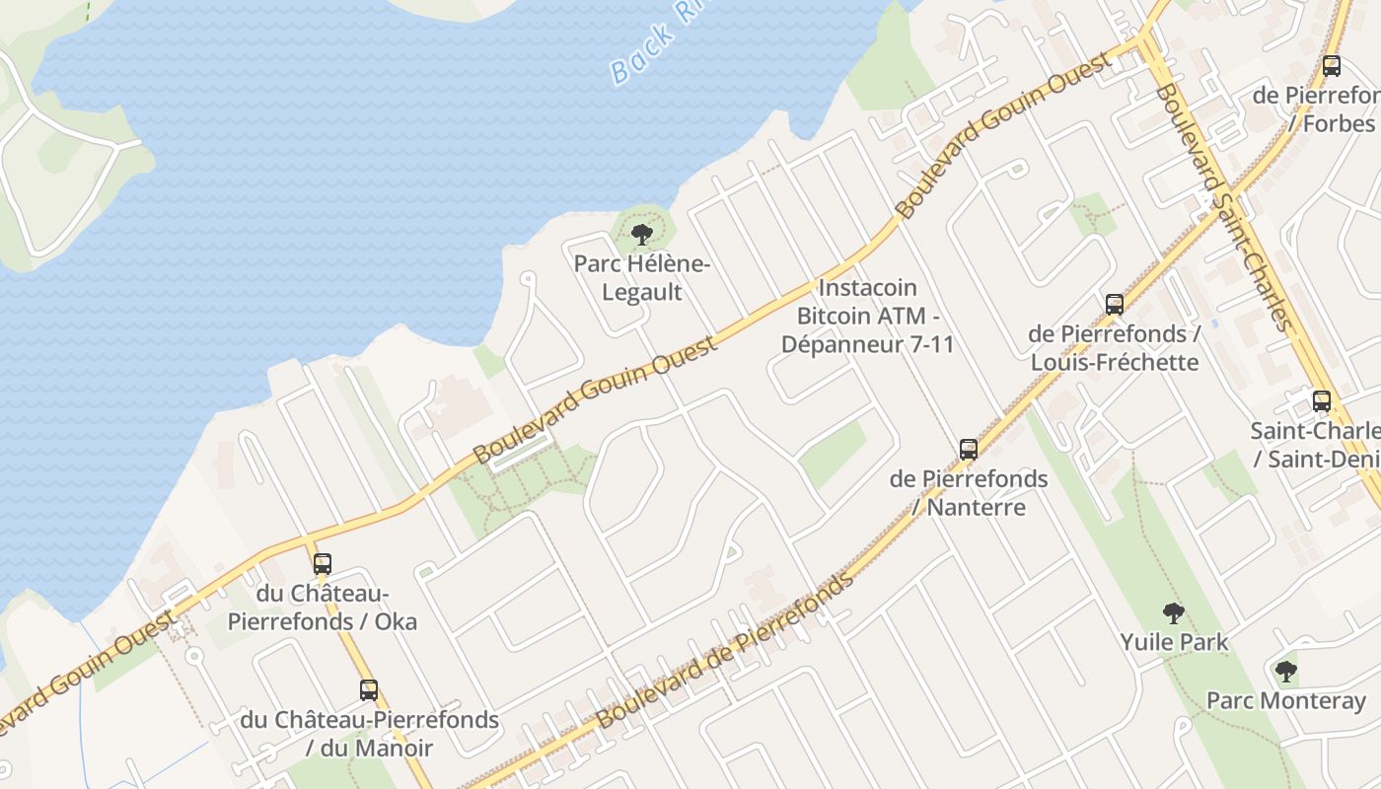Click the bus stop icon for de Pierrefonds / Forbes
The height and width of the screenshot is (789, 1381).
(x=1332, y=66)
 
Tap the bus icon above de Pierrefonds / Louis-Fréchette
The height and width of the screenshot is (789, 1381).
(x=1115, y=305)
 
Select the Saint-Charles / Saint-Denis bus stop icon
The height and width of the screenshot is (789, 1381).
(x=1322, y=401)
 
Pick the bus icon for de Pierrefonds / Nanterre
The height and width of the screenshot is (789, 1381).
(x=969, y=450)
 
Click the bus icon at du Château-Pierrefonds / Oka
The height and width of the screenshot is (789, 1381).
(x=323, y=564)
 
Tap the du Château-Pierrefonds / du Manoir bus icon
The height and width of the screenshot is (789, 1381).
(x=369, y=690)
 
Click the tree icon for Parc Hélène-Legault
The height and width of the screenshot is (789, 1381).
(x=642, y=235)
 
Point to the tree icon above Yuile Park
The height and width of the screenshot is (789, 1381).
(x=1173, y=613)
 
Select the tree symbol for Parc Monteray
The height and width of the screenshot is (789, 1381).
(x=1285, y=673)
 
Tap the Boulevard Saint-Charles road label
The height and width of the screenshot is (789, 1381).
(x=1223, y=207)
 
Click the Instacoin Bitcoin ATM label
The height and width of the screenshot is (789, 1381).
(x=868, y=317)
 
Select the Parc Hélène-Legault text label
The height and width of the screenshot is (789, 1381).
(x=642, y=278)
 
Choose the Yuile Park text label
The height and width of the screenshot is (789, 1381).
(x=1174, y=642)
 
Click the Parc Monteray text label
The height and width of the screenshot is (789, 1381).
(x=1286, y=701)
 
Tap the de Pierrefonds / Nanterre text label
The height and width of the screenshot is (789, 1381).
(x=969, y=493)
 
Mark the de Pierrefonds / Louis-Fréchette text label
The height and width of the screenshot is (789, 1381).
(x=1115, y=348)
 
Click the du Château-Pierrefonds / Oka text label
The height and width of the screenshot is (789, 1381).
(x=323, y=608)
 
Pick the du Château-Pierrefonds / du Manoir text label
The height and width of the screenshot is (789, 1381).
(x=369, y=734)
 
